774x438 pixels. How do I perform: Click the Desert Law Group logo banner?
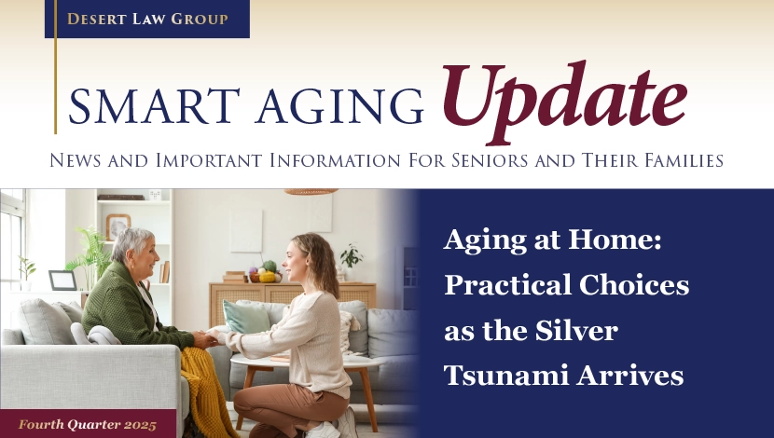[x=147, y=19]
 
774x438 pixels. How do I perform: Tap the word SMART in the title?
[x=154, y=106]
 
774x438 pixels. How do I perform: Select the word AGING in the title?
[x=339, y=106]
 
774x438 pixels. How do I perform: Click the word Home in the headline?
[x=615, y=240]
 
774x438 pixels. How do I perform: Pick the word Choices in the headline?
[x=634, y=284]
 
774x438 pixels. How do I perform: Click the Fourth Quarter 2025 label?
[x=88, y=425]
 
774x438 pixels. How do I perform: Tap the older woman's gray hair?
[x=130, y=242]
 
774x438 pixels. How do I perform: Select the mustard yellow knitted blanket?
[x=206, y=390]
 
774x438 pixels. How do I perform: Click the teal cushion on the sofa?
[x=245, y=316]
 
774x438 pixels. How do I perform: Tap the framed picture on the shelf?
[x=118, y=226]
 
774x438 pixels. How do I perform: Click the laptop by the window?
[x=62, y=281]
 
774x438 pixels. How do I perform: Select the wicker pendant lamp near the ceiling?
[x=311, y=191]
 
